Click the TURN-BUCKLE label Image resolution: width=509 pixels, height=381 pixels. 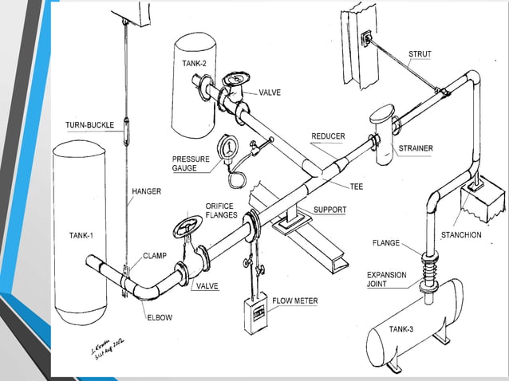(x=89, y=125)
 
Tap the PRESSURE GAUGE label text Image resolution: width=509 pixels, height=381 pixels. (x=191, y=163)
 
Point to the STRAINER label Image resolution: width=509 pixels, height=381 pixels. (x=416, y=148)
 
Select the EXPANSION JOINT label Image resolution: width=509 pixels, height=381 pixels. (x=387, y=279)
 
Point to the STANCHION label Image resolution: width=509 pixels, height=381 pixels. (x=461, y=235)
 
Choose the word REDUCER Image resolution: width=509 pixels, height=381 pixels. (x=328, y=136)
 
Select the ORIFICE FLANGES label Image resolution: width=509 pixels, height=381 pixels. (x=221, y=210)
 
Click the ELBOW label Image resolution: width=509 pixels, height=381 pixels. (x=159, y=317)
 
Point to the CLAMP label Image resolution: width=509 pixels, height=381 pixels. (x=154, y=256)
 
